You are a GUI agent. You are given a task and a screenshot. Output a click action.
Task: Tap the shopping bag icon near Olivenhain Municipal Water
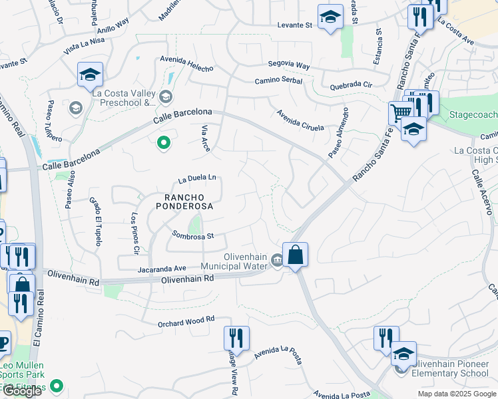(294, 255)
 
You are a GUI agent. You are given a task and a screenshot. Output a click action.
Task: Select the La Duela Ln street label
(198, 178)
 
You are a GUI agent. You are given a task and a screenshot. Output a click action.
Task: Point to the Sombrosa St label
(192, 235)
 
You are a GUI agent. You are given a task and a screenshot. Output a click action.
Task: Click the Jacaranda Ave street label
(162, 268)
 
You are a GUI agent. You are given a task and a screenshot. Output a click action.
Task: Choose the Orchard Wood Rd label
(186, 320)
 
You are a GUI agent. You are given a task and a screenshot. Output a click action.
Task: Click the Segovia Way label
(289, 66)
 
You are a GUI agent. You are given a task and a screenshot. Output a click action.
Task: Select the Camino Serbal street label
(278, 81)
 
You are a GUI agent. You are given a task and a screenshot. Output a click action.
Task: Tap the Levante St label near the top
(295, 25)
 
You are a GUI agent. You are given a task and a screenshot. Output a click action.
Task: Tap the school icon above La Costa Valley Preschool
(89, 75)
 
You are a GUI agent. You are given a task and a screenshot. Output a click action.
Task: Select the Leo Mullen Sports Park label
(22, 370)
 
